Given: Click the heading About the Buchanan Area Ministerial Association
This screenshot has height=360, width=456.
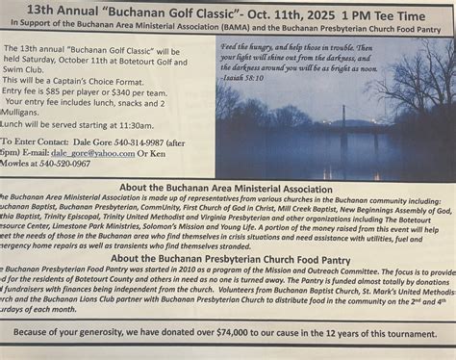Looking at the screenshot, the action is [227, 190].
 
